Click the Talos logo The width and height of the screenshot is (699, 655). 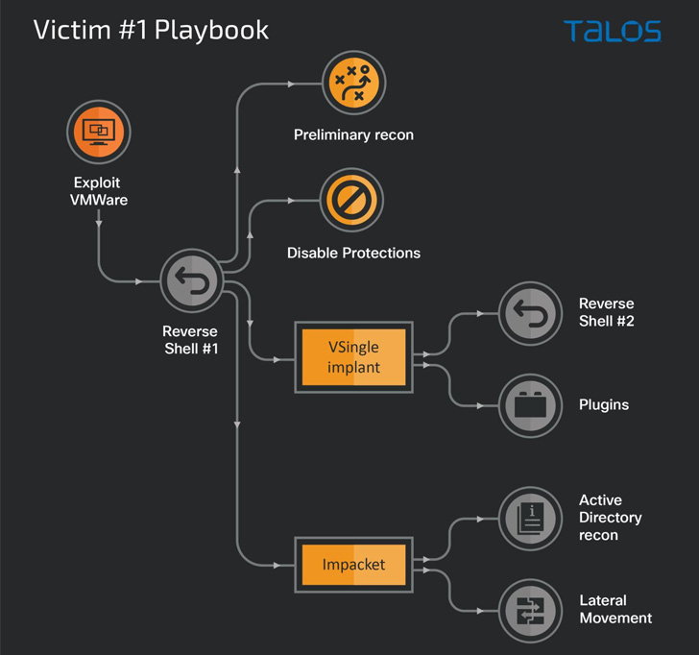pyautogui.click(x=612, y=30)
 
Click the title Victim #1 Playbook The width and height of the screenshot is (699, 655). pyautogui.click(x=151, y=30)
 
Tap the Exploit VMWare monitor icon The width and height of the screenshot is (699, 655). pyautogui.click(x=98, y=132)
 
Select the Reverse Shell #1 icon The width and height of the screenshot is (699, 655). pyautogui.click(x=191, y=280)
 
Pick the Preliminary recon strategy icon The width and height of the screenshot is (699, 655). pyautogui.click(x=353, y=84)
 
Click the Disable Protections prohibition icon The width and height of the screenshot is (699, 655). pyautogui.click(x=352, y=200)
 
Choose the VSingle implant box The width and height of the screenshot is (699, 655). pyautogui.click(x=353, y=357)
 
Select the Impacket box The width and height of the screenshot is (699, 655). pyautogui.click(x=353, y=565)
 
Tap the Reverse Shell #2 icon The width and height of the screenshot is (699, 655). pyautogui.click(x=530, y=313)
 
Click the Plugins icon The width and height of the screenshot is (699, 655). pyautogui.click(x=530, y=405)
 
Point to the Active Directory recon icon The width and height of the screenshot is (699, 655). pyautogui.click(x=530, y=518)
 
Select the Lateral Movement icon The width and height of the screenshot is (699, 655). pyautogui.click(x=530, y=610)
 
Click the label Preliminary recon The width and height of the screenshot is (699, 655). pyautogui.click(x=353, y=135)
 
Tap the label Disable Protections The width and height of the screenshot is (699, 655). pyautogui.click(x=353, y=254)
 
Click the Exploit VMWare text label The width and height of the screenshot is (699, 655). pyautogui.click(x=98, y=191)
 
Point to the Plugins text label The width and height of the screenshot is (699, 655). pyautogui.click(x=604, y=405)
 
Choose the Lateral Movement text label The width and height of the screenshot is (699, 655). pyautogui.click(x=615, y=610)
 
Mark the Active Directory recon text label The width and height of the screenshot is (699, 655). pyautogui.click(x=611, y=518)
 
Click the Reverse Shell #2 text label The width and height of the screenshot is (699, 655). pyautogui.click(x=606, y=313)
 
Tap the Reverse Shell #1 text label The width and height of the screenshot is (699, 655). pyautogui.click(x=190, y=340)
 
